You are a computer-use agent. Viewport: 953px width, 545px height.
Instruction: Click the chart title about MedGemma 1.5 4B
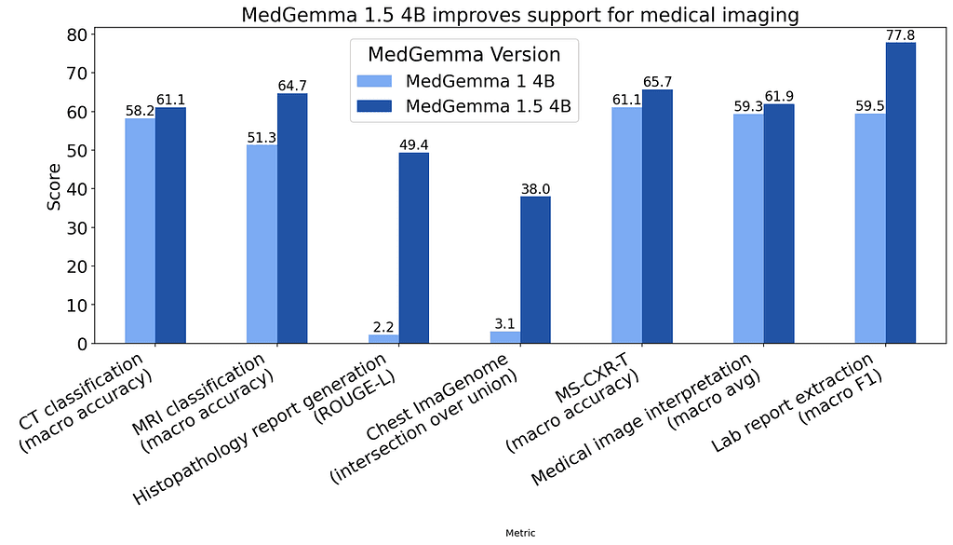pyautogui.click(x=519, y=15)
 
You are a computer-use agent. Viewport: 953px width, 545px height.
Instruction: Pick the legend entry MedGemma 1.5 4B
pyautogui.click(x=490, y=107)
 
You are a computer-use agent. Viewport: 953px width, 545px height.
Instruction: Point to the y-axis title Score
pyautogui.click(x=54, y=186)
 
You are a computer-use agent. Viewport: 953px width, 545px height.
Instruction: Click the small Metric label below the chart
pyautogui.click(x=519, y=533)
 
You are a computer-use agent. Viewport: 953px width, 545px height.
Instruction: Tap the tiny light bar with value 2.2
pyautogui.click(x=383, y=339)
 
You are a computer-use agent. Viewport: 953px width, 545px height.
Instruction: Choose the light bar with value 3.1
pyautogui.click(x=505, y=337)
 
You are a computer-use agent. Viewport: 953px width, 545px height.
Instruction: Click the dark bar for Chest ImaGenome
pyautogui.click(x=535, y=270)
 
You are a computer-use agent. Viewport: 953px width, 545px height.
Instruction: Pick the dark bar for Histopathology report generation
pyautogui.click(x=414, y=248)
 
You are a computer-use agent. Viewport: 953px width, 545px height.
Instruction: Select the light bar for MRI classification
pyautogui.click(x=262, y=244)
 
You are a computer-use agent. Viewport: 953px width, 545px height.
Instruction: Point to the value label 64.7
pyautogui.click(x=292, y=86)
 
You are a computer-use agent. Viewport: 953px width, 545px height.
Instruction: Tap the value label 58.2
pyautogui.click(x=140, y=111)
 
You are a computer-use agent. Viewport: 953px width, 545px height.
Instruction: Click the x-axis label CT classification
pyautogui.click(x=88, y=396)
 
